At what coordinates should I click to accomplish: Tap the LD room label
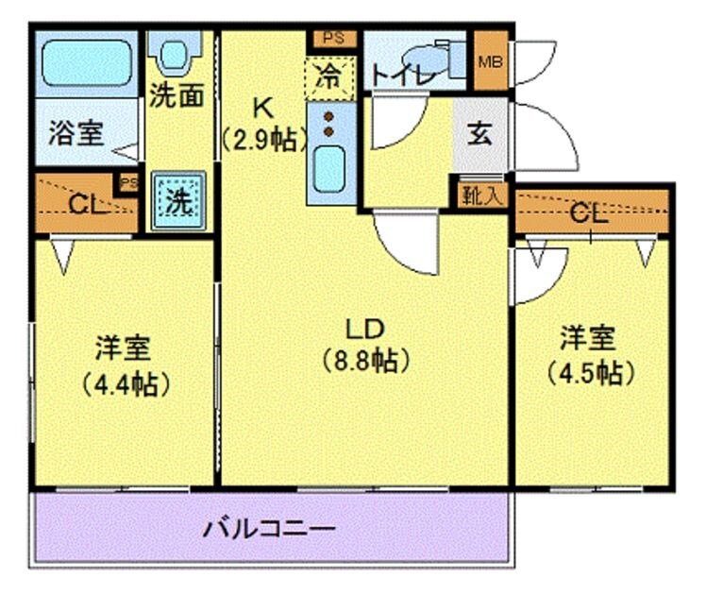click(362, 330)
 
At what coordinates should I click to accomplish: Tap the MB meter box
click(490, 62)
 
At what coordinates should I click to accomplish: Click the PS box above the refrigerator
click(332, 39)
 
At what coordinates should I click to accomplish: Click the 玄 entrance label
click(479, 134)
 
